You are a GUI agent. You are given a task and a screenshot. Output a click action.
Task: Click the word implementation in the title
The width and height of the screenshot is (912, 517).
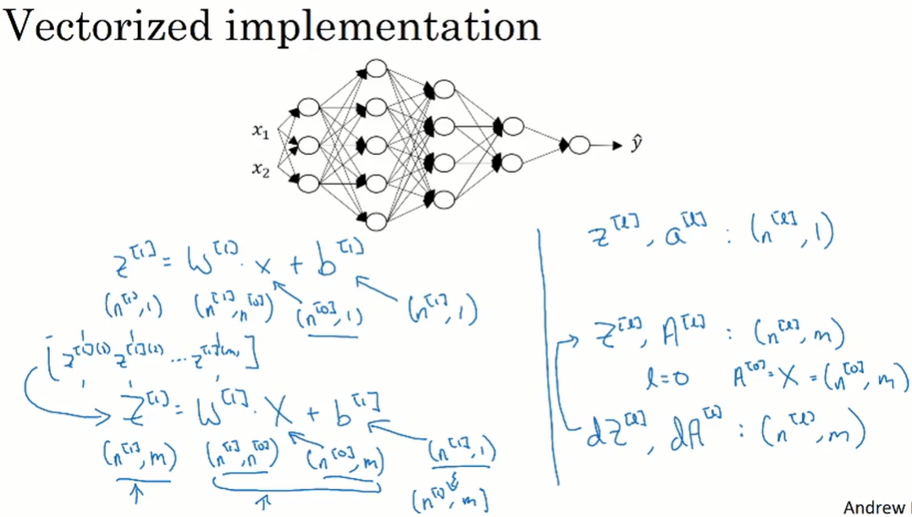coord(383,28)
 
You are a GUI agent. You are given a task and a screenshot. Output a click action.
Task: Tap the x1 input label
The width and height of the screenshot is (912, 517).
coord(260,131)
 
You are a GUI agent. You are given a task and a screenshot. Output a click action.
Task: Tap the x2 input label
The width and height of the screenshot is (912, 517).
coord(260,170)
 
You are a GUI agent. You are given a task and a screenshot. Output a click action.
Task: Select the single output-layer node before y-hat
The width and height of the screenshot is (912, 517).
coord(579,146)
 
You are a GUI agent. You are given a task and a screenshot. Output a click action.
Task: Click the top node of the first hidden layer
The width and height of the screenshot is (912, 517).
coord(308,108)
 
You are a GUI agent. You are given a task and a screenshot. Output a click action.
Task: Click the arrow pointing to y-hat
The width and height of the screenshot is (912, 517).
coord(607,146)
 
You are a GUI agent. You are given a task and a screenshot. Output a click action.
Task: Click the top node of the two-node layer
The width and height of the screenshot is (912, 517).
coord(511,126)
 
